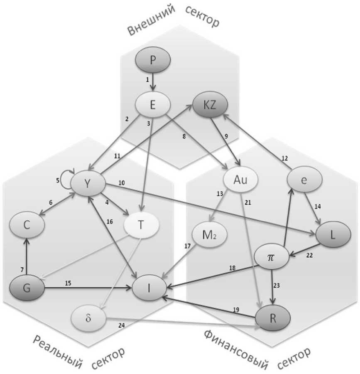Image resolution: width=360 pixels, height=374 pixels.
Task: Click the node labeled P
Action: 153,61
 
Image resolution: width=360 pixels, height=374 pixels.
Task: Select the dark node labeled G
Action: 27,288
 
